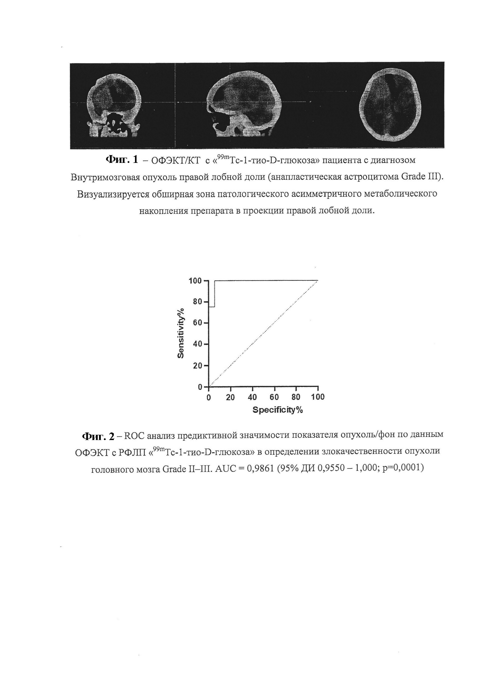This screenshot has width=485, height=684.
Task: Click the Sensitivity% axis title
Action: pyautogui.click(x=181, y=334)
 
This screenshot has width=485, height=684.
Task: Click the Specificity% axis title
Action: pyautogui.click(x=278, y=410)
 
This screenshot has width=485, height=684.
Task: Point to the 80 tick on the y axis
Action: pyautogui.click(x=198, y=302)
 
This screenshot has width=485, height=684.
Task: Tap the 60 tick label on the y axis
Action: pyautogui.click(x=198, y=323)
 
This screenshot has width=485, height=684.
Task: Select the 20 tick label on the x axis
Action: pyautogui.click(x=230, y=397)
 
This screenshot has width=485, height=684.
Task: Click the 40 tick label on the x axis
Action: pyautogui.click(x=252, y=397)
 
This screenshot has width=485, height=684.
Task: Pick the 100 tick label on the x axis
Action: pyautogui.click(x=318, y=397)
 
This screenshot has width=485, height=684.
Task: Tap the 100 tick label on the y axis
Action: pyautogui.click(x=196, y=281)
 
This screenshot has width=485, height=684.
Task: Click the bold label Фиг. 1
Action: pyautogui.click(x=122, y=160)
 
